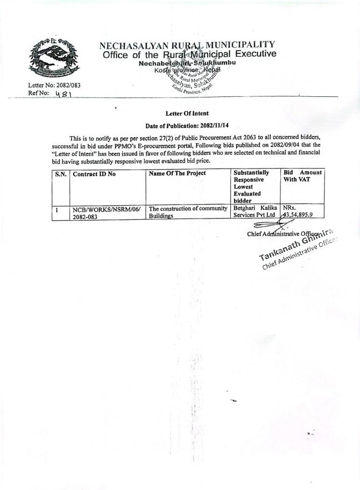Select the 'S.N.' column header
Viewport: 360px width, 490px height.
(60, 173)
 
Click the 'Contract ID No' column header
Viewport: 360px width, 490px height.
(94, 173)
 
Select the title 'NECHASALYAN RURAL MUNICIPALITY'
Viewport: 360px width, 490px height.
(187, 45)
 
